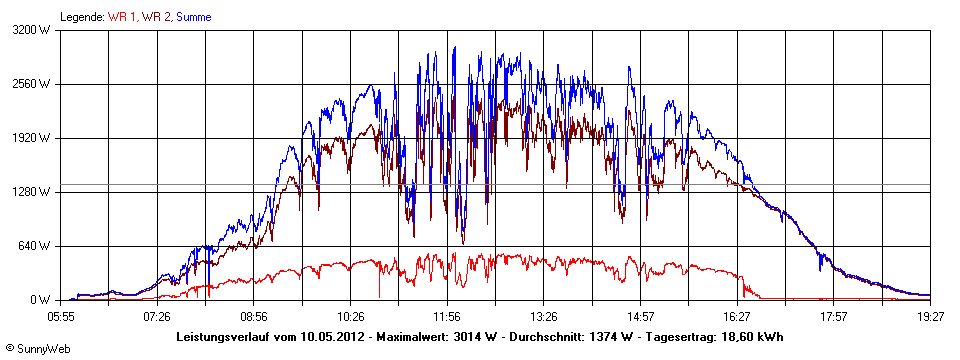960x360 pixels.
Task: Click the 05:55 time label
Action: (x=61, y=316)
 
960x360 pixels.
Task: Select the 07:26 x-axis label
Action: (x=157, y=316)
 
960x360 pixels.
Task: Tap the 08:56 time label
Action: (x=254, y=316)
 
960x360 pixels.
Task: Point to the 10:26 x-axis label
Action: (x=351, y=316)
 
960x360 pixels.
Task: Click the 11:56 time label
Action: (x=447, y=316)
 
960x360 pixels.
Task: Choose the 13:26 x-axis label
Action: (x=544, y=316)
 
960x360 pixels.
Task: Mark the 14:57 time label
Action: (x=641, y=316)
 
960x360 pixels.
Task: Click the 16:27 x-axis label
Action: (x=737, y=316)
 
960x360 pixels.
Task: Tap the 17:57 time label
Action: (x=834, y=316)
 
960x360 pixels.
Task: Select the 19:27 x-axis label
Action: (x=930, y=316)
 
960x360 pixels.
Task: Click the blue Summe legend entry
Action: (x=193, y=17)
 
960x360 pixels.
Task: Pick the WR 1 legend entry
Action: (x=121, y=17)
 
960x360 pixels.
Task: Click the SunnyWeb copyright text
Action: (x=37, y=348)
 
